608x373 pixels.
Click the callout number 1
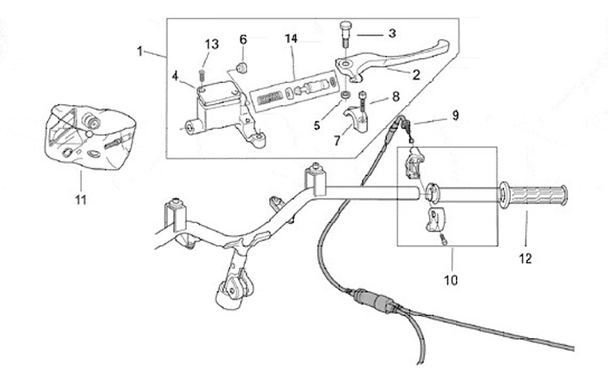(141, 51)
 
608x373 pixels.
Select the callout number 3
(392, 34)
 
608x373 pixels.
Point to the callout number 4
(176, 76)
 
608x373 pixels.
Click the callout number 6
(243, 39)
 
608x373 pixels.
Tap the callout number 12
(525, 259)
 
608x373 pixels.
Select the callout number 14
(291, 39)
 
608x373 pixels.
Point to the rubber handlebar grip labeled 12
(534, 197)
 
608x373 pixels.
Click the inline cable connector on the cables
(373, 300)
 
